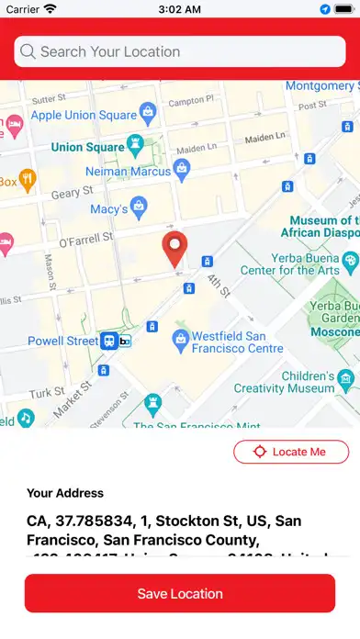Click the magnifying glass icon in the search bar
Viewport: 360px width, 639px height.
tap(28, 52)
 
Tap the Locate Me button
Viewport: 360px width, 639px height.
tap(291, 452)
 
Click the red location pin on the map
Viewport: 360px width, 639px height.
tap(174, 249)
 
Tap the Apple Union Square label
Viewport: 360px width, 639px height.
tap(84, 117)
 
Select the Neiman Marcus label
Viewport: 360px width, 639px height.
tap(128, 171)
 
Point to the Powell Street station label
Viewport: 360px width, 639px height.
tap(62, 341)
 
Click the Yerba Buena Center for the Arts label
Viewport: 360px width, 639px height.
tap(289, 263)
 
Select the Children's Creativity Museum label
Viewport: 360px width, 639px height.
tap(296, 382)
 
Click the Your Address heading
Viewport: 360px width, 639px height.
tap(65, 493)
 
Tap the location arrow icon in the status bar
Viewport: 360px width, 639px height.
tap(325, 9)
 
